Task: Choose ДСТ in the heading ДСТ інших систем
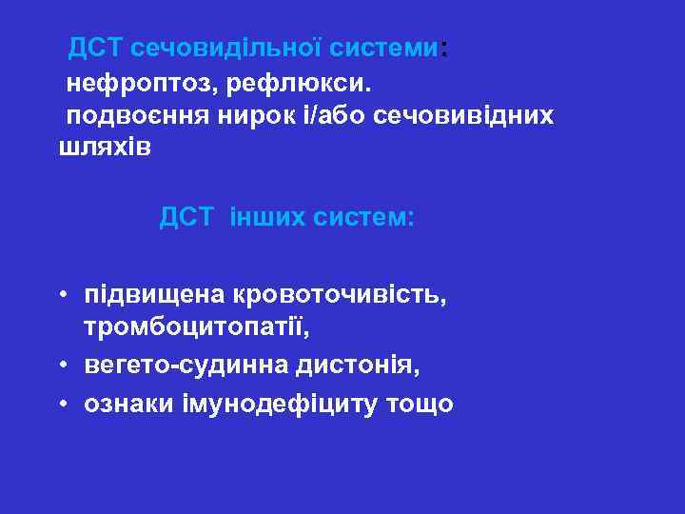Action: click(x=187, y=218)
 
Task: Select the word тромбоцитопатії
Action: click(x=196, y=328)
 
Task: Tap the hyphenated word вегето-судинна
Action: click(x=173, y=366)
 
